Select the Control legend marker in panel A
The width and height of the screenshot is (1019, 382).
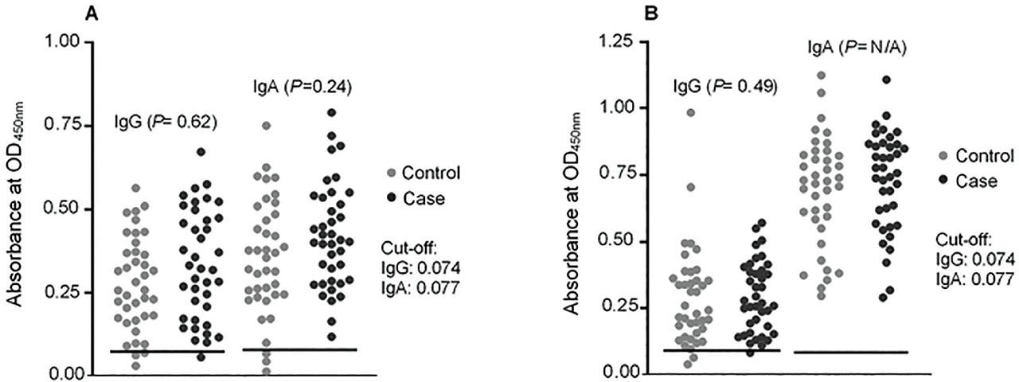click(390, 173)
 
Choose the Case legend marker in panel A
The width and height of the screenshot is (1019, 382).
click(390, 198)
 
